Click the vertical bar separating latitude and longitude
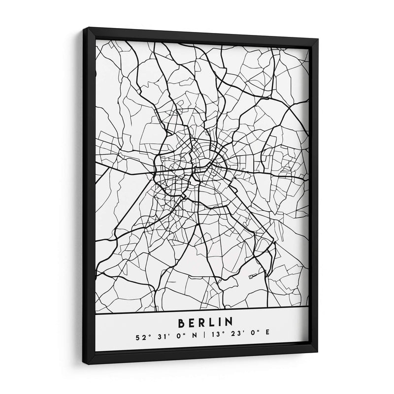(x=202, y=338)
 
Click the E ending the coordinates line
(x=267, y=338)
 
